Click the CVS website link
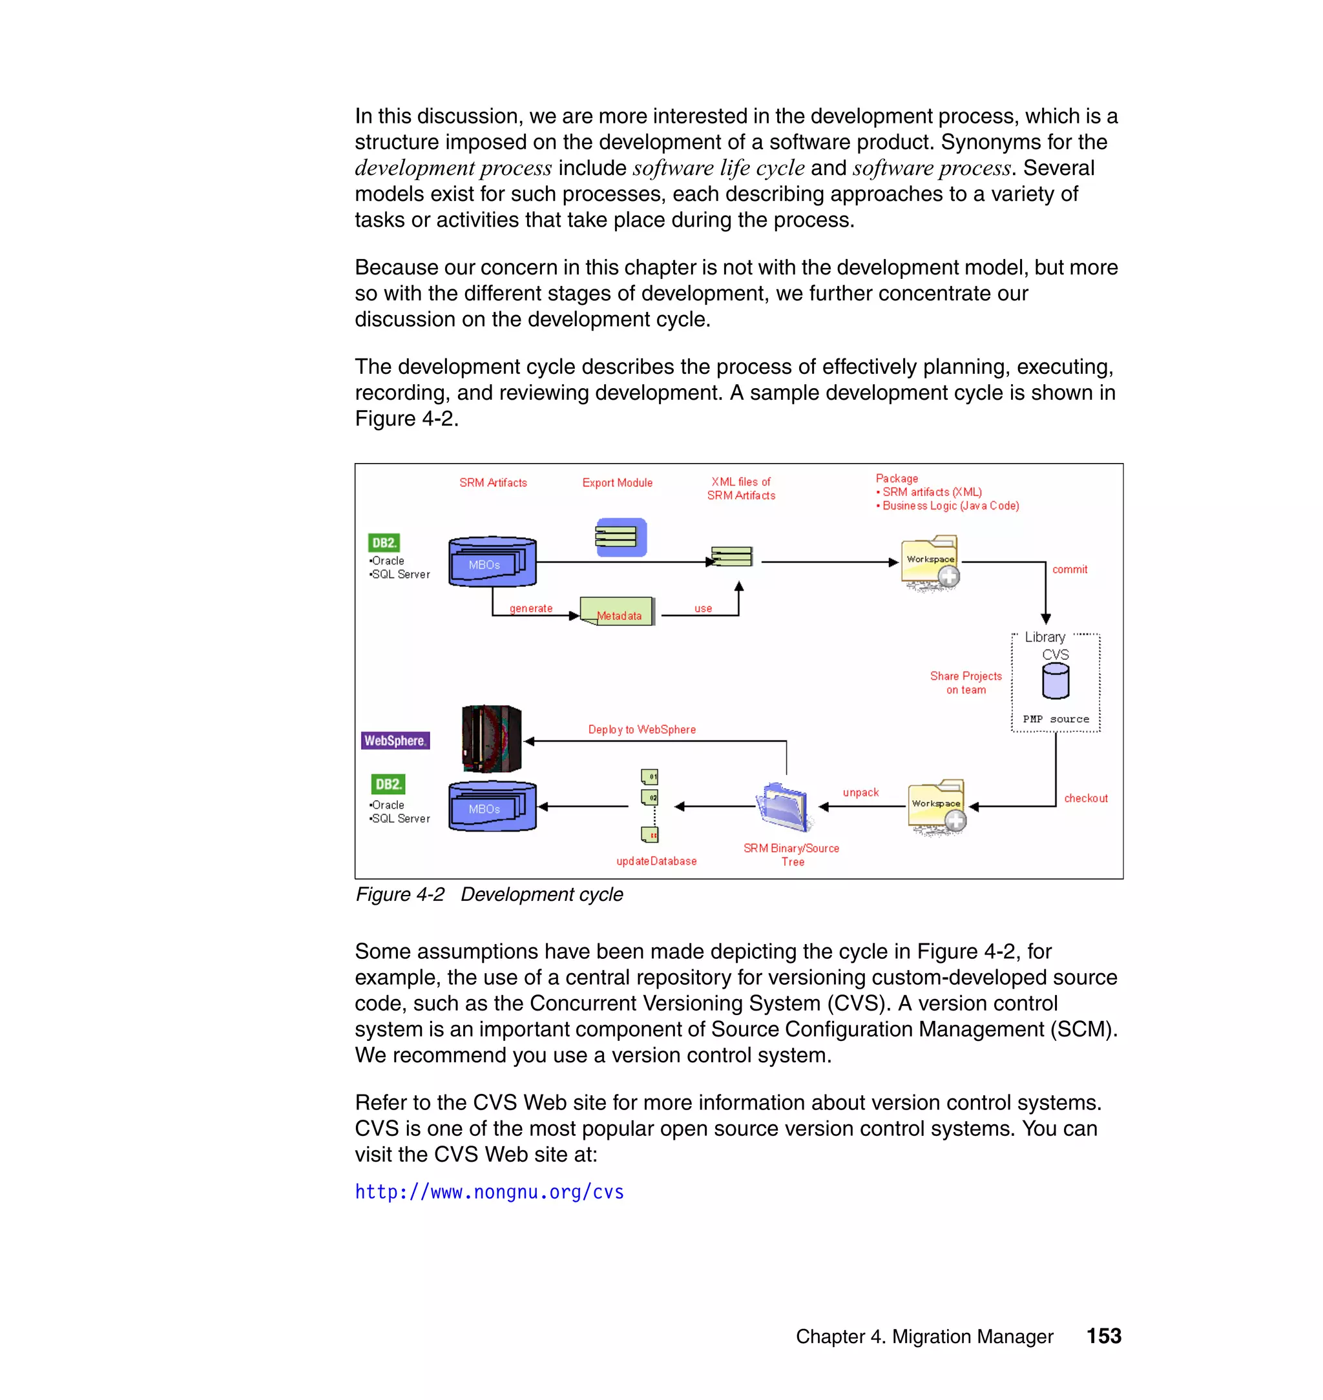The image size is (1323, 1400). click(x=489, y=1192)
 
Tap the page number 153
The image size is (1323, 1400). click(x=1103, y=1336)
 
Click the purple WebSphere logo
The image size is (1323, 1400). click(x=395, y=741)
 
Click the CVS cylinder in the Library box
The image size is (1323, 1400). click(x=1055, y=681)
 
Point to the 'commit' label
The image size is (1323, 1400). click(x=1069, y=570)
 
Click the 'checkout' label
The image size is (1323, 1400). click(x=1085, y=798)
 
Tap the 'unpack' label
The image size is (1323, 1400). click(x=860, y=792)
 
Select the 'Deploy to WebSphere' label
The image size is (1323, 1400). click(x=641, y=730)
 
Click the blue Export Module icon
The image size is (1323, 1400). click(x=621, y=538)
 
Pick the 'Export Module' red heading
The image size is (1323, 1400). click(x=617, y=483)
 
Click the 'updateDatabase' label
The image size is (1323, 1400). click(x=656, y=861)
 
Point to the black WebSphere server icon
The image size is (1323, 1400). click(x=491, y=739)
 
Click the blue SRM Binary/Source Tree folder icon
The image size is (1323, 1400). click(x=783, y=807)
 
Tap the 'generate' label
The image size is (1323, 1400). click(x=531, y=608)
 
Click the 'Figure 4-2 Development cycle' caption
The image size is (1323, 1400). click(x=489, y=894)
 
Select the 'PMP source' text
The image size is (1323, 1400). click(x=1056, y=719)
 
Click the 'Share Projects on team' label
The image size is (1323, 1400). click(x=966, y=683)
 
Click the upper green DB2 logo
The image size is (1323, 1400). click(x=384, y=543)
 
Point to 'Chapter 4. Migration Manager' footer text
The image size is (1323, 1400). click(x=924, y=1337)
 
